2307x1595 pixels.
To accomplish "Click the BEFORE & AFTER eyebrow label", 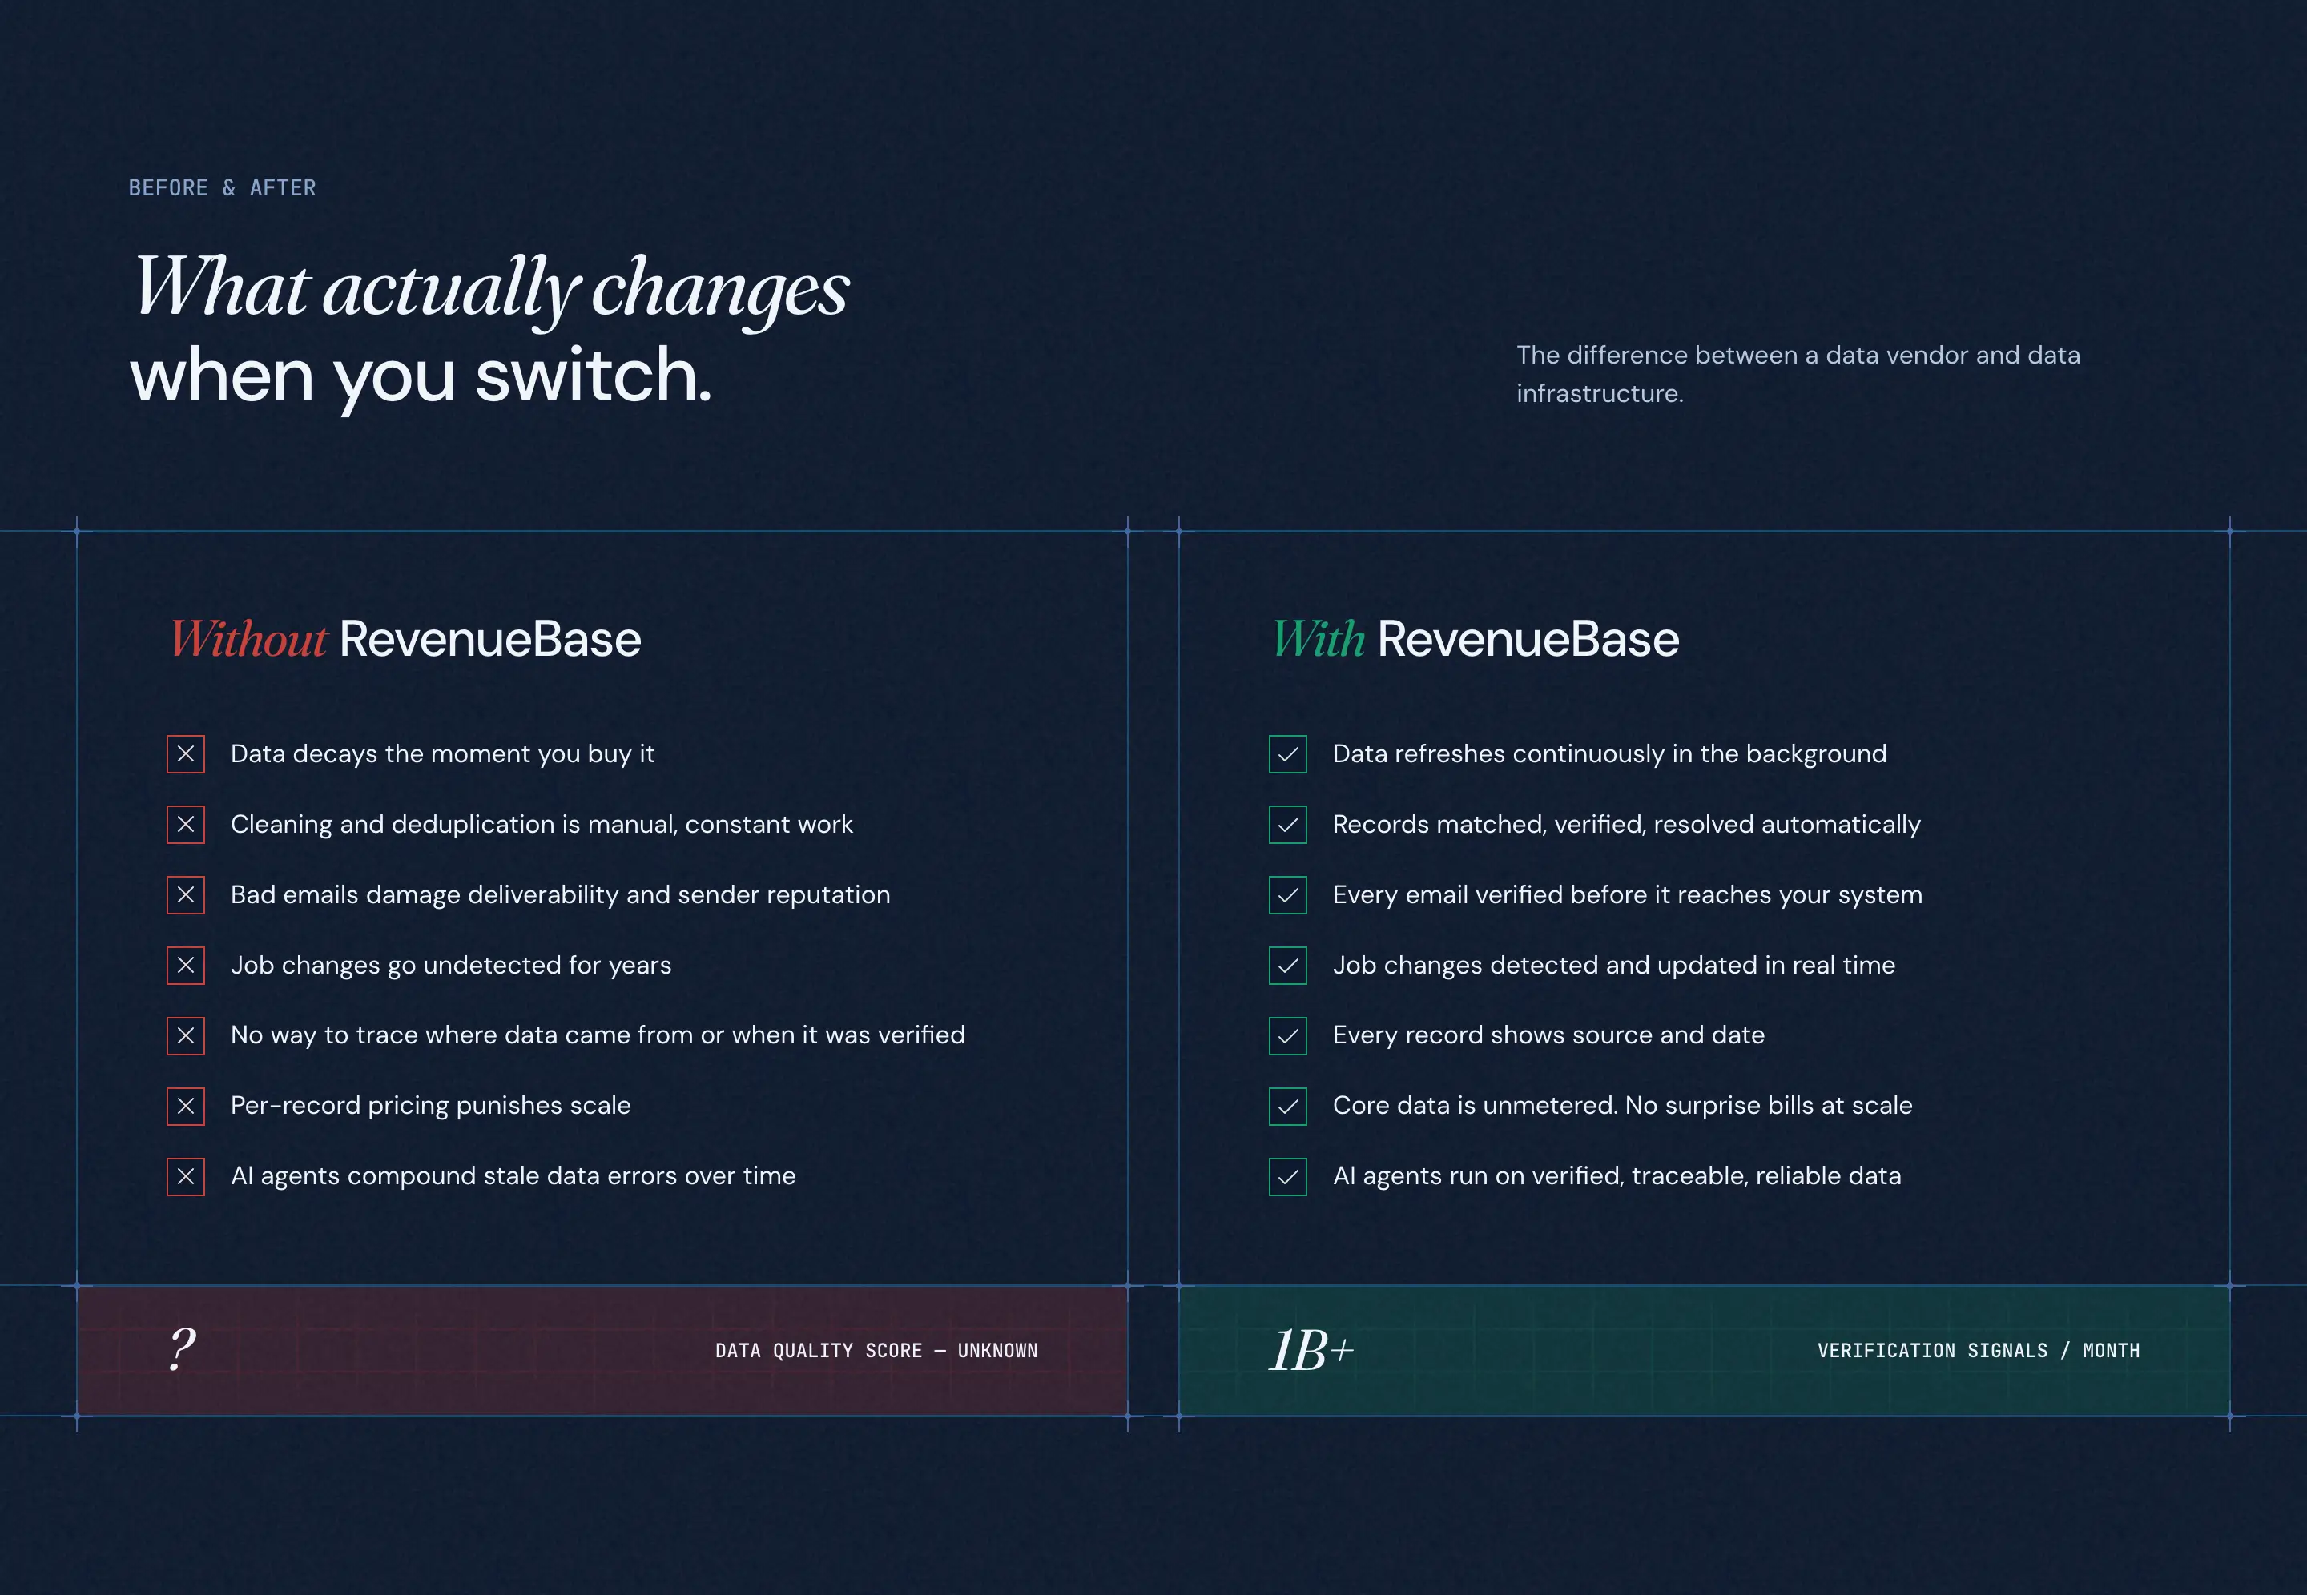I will pos(222,188).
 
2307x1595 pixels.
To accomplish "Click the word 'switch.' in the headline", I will pos(593,376).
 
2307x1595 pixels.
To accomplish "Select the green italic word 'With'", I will pos(1318,640).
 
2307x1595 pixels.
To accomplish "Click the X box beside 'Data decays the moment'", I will pos(186,754).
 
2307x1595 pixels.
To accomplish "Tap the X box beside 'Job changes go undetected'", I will pos(186,966).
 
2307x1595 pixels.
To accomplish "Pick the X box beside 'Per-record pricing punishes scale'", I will pos(186,1107).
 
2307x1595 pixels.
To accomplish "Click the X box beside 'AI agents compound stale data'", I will pos(186,1176).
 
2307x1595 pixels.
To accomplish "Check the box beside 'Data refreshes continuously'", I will pos(1287,754).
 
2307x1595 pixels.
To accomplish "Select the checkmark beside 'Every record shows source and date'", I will pos(1287,1036).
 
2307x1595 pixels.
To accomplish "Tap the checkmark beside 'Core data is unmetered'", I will pos(1287,1107).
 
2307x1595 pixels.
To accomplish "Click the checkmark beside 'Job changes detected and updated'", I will pos(1287,966).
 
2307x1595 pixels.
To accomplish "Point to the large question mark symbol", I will pos(182,1349).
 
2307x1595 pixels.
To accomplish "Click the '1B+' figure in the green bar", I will pos(1311,1350).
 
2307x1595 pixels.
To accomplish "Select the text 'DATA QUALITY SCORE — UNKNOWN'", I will pos(876,1351).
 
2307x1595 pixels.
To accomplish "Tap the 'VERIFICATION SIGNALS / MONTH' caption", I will pos(1978,1351).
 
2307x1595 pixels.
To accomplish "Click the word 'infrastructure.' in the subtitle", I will pos(1600,394).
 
